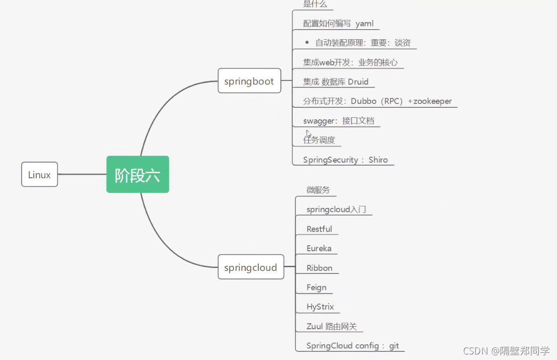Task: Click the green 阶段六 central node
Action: point(137,175)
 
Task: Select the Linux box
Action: point(39,175)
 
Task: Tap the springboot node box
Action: point(249,81)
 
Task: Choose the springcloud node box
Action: point(250,267)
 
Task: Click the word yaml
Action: point(364,23)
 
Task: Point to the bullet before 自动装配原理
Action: point(307,42)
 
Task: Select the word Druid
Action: point(358,82)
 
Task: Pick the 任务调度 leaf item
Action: point(319,140)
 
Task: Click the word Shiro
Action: point(378,160)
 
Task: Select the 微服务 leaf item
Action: point(318,190)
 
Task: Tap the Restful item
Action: point(319,229)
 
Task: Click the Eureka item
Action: point(319,248)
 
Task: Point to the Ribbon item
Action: point(319,268)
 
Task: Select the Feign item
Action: point(316,287)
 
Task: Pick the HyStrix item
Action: point(320,307)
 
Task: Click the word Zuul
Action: point(315,326)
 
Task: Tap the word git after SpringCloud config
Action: point(394,346)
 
